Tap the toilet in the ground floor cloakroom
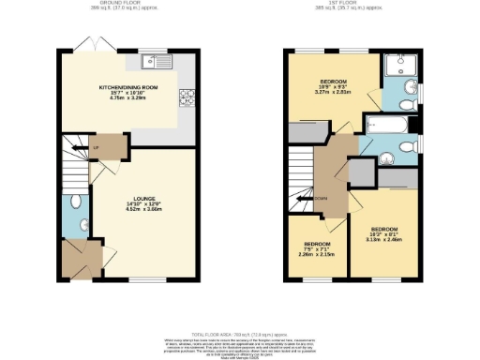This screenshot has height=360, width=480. tap(84, 224)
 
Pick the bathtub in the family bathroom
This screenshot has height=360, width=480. tap(387, 124)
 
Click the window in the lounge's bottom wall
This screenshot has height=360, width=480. tap(142, 278)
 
